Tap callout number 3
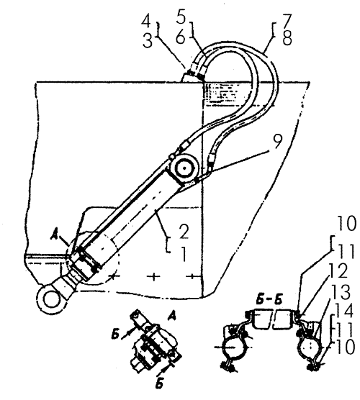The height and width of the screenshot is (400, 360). tap(147, 24)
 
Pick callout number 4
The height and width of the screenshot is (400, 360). tap(181, 16)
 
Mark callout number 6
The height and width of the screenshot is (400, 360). tap(286, 20)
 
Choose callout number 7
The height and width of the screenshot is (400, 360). tap(287, 37)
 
